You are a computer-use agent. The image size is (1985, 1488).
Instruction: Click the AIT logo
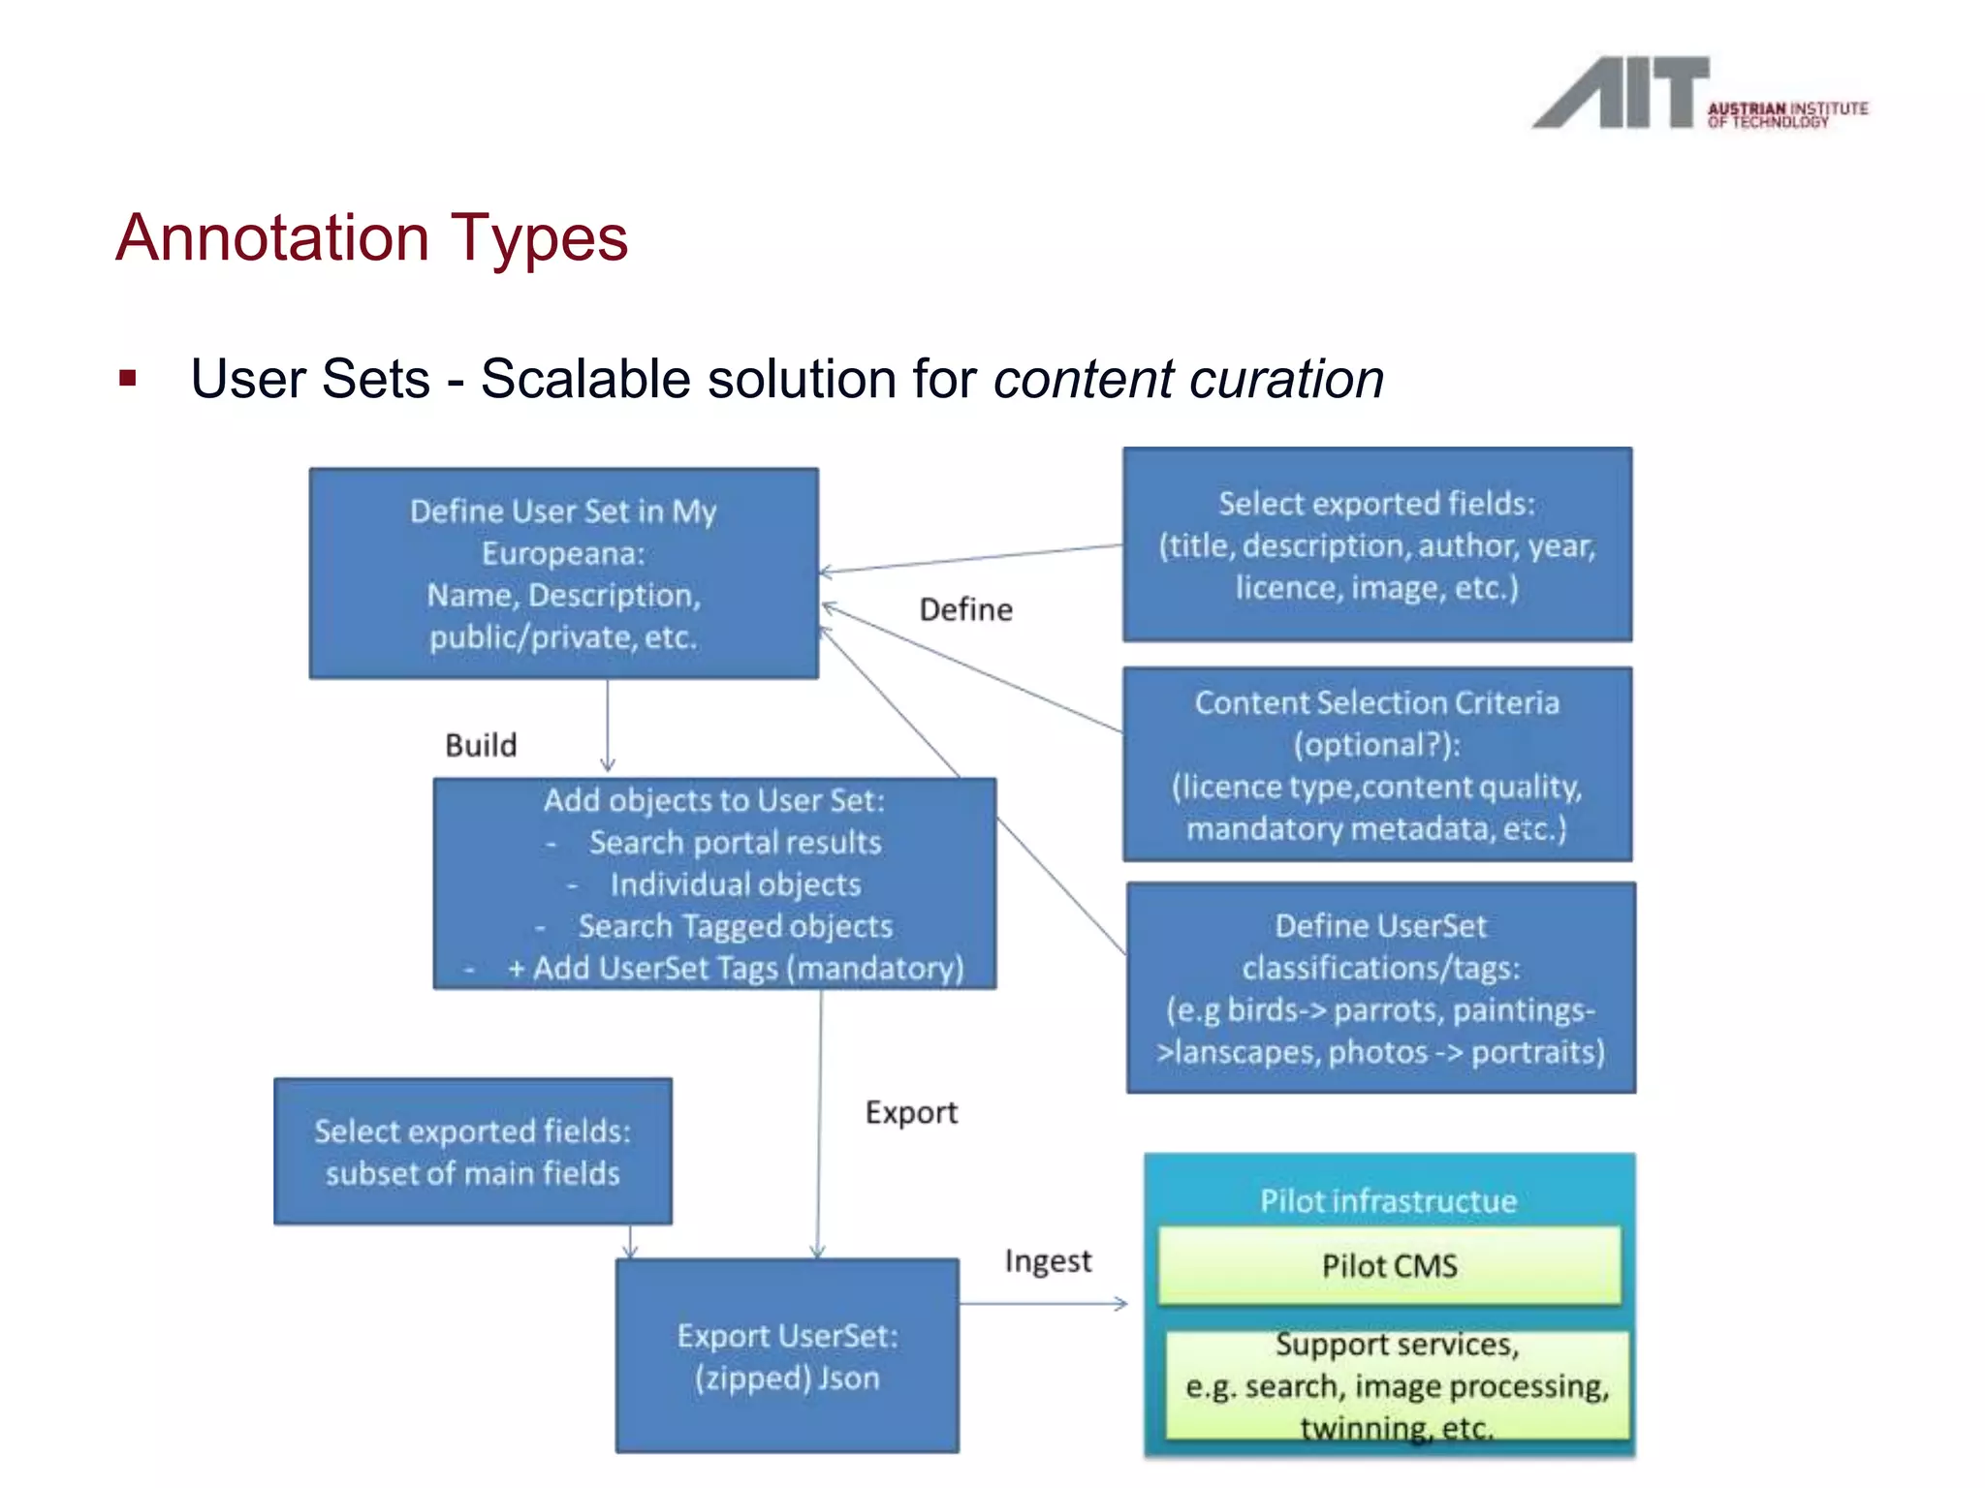(1698, 94)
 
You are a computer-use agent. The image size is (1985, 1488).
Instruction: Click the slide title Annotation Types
(372, 237)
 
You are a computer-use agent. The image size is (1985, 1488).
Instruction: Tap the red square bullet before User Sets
(128, 379)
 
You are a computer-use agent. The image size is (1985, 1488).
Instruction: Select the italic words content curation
(1188, 379)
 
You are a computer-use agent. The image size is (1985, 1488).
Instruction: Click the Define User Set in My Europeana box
(563, 573)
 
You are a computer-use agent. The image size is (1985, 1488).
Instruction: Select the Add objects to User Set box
(714, 883)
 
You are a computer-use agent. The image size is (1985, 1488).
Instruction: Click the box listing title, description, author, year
(1376, 544)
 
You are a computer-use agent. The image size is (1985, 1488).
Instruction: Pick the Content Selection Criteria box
(1376, 764)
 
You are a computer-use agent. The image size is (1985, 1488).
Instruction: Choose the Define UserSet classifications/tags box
(1380, 988)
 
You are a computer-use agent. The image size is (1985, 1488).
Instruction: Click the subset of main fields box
(472, 1152)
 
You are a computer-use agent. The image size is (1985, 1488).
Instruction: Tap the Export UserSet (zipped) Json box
(787, 1356)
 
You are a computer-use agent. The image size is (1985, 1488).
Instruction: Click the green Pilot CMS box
(1389, 1266)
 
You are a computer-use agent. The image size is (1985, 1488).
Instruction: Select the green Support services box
(1397, 1385)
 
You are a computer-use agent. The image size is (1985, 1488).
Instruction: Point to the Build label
(481, 745)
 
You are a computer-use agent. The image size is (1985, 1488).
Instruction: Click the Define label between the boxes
(965, 609)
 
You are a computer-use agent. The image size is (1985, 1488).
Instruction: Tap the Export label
(910, 1112)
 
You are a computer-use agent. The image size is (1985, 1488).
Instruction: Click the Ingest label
(1048, 1261)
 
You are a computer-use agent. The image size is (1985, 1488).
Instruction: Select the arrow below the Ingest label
(1044, 1304)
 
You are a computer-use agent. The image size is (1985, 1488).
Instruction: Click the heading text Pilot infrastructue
(1388, 1201)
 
